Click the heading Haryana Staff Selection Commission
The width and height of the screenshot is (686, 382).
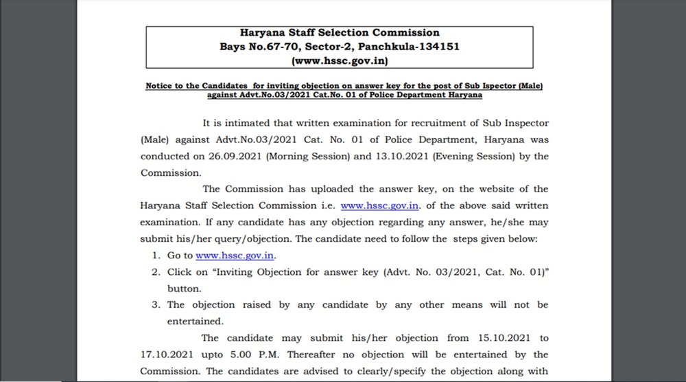pyautogui.click(x=340, y=32)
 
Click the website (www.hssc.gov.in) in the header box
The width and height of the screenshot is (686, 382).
pyautogui.click(x=340, y=61)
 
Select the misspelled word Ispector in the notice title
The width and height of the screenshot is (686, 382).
pyautogui.click(x=482, y=86)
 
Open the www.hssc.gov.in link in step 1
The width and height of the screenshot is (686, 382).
pyautogui.click(x=235, y=255)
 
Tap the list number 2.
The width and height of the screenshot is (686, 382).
pyautogui.click(x=156, y=272)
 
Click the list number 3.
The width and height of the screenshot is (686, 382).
pyautogui.click(x=156, y=305)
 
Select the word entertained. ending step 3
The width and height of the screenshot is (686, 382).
pyautogui.click(x=196, y=322)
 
